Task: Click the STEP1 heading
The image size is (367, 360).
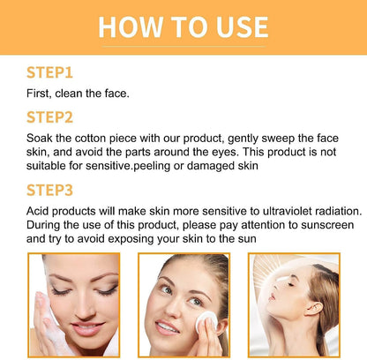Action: coord(49,72)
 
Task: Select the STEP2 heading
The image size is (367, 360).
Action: coord(49,117)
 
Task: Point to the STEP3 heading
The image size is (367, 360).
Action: coord(49,190)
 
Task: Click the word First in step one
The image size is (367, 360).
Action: coord(37,94)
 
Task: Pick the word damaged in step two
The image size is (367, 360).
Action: coord(206,166)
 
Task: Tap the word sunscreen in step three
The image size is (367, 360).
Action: coord(327,225)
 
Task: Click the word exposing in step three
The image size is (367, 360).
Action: coord(131,239)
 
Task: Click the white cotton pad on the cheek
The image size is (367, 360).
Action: coord(206,322)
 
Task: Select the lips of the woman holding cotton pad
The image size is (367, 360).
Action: coord(167,327)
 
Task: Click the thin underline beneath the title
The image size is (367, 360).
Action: coord(183,46)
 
